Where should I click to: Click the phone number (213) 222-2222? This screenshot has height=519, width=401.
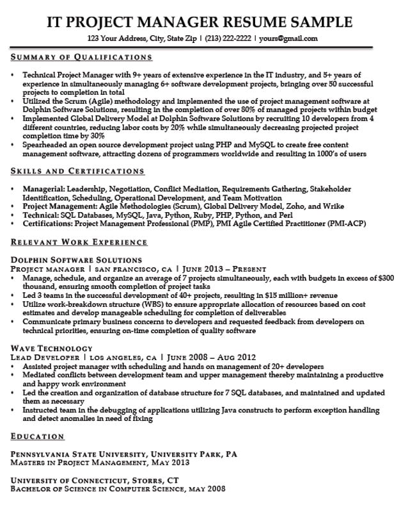228,38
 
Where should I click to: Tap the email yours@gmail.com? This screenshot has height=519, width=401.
288,38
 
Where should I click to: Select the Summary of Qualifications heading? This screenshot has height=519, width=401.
82,57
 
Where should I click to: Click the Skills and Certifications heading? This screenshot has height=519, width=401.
78,171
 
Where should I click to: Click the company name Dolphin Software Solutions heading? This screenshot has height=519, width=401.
76,260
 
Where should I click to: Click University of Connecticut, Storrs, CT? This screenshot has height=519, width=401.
93,480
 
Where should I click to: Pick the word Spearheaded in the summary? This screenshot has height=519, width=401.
46,145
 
